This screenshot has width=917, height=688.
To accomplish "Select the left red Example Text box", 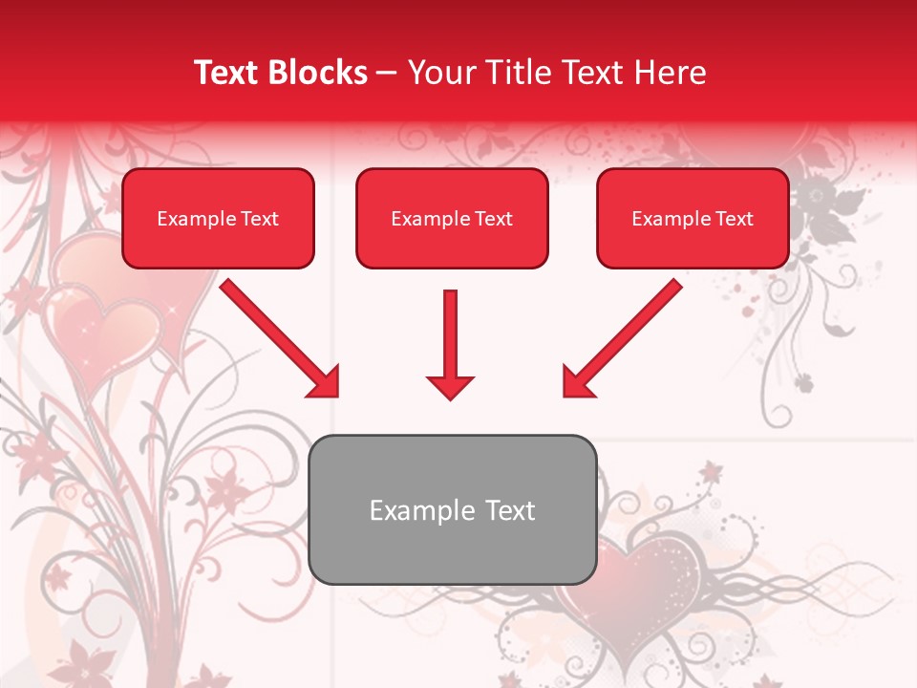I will (218, 219).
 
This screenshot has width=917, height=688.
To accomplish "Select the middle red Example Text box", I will (452, 219).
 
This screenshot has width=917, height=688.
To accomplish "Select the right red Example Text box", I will (693, 219).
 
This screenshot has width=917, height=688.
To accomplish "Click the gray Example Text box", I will (452, 509).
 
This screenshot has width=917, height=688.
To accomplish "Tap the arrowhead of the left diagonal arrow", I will (325, 382).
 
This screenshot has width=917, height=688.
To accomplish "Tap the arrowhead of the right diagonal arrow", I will (577, 382).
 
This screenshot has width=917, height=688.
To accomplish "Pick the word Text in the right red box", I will (735, 219).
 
